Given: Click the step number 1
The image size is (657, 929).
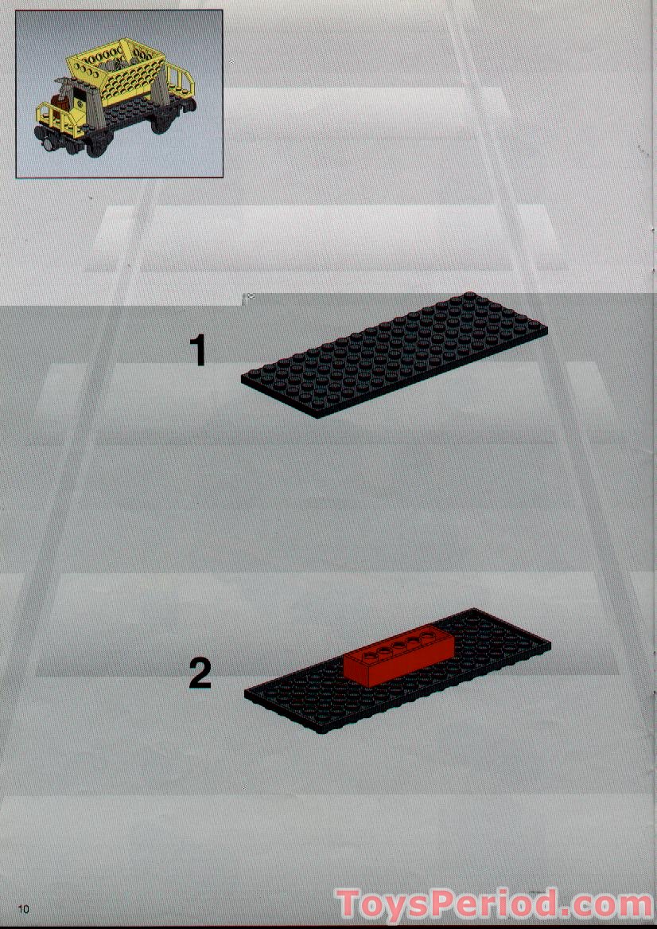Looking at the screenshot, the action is click(x=199, y=350).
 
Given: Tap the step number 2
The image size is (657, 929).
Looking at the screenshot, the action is click(x=200, y=673).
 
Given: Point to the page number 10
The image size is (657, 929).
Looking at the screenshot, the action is click(x=24, y=909).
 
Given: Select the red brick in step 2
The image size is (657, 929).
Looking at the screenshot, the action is click(x=399, y=658).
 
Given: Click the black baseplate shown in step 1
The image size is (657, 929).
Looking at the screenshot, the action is click(x=395, y=355).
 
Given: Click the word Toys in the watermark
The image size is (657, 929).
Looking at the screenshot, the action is click(x=390, y=904).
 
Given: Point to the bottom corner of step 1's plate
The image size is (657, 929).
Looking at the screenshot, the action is click(x=318, y=418).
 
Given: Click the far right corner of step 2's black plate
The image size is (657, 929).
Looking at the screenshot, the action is click(x=550, y=643).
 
